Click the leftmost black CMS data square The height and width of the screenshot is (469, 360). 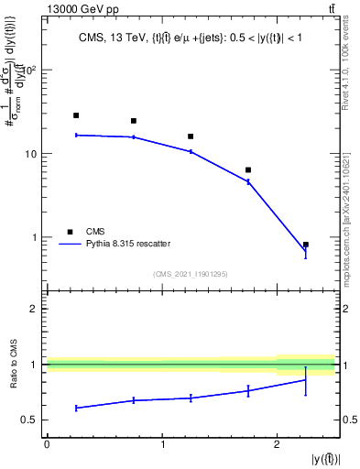tap(76, 115)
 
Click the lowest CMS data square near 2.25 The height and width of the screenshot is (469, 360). tap(305, 245)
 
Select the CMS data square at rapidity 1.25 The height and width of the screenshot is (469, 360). tap(191, 136)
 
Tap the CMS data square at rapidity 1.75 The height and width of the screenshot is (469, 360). tap(248, 170)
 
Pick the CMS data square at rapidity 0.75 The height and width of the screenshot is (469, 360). tap(134, 121)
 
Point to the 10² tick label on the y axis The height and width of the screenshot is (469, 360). tap(29, 70)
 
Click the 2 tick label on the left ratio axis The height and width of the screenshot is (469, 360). tap(36, 309)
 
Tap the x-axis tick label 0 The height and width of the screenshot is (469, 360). tap(47, 444)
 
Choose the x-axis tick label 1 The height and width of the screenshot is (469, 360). tap(162, 444)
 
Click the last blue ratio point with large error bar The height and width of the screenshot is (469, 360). tap(305, 379)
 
